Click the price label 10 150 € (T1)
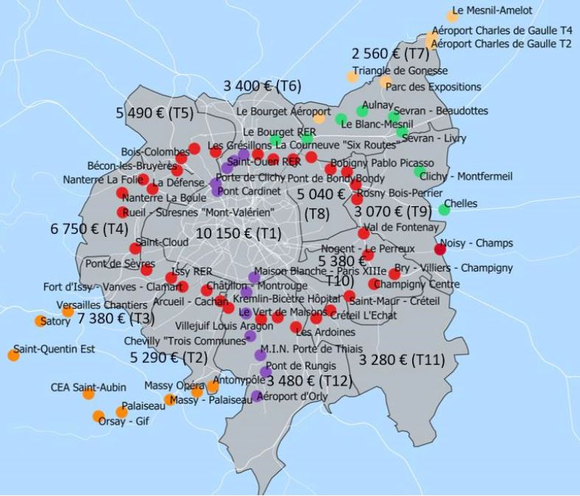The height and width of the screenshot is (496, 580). [x=238, y=233]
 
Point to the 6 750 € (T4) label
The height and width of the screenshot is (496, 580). [x=89, y=229]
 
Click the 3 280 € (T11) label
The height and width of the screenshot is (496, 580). [x=402, y=360]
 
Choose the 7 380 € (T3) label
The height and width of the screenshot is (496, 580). [x=116, y=318]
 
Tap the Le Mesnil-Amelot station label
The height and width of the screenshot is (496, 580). [x=492, y=11]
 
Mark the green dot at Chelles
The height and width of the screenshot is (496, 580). [x=444, y=210]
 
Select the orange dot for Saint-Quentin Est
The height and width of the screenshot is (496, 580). [x=13, y=355]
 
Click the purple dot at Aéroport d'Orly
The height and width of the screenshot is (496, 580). [x=256, y=396]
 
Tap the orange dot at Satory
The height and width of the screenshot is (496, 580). [x=40, y=321]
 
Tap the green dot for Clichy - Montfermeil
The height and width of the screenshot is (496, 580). [x=420, y=172]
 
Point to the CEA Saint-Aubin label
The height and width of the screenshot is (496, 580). [x=88, y=387]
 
